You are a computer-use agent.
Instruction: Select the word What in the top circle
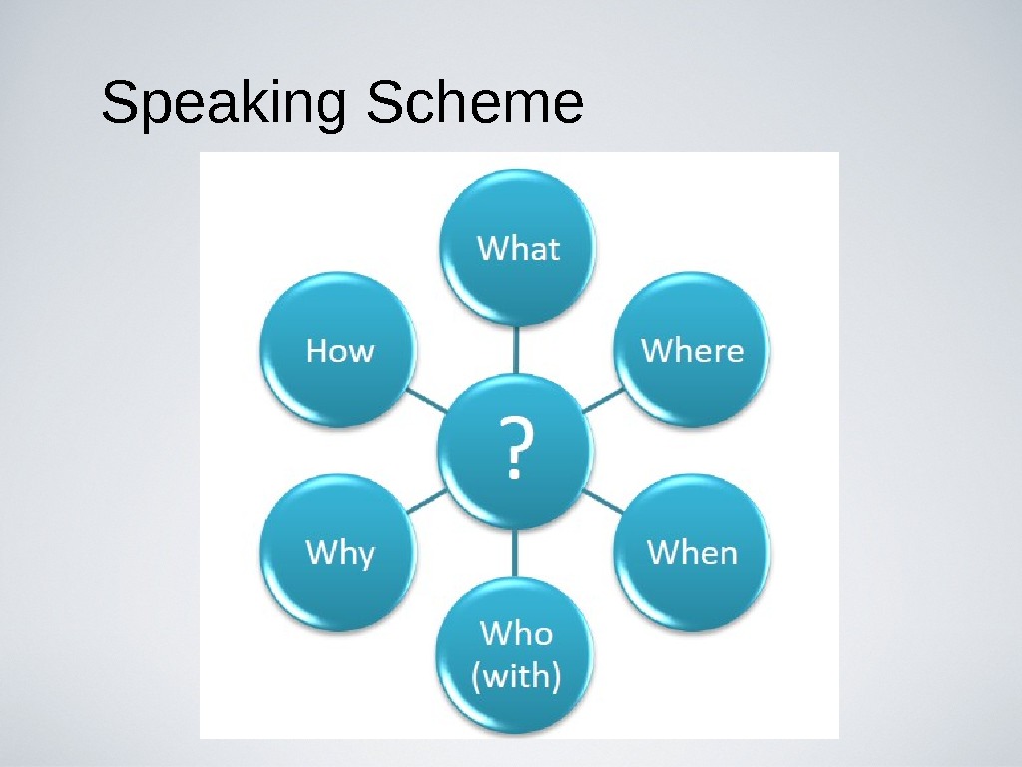tap(518, 248)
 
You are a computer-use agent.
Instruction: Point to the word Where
tap(692, 351)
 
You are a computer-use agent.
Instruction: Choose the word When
tap(692, 552)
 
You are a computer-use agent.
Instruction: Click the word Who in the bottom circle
tap(516, 633)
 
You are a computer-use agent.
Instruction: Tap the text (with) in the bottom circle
tap(516, 677)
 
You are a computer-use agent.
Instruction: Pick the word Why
tap(340, 553)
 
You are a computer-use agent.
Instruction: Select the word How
tap(340, 351)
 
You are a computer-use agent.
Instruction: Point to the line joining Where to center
tap(602, 400)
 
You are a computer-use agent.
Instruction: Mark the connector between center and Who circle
tap(517, 552)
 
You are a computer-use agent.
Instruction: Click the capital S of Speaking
tap(119, 104)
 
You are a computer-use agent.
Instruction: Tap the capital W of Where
tap(655, 351)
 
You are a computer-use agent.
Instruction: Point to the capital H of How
tap(317, 351)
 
